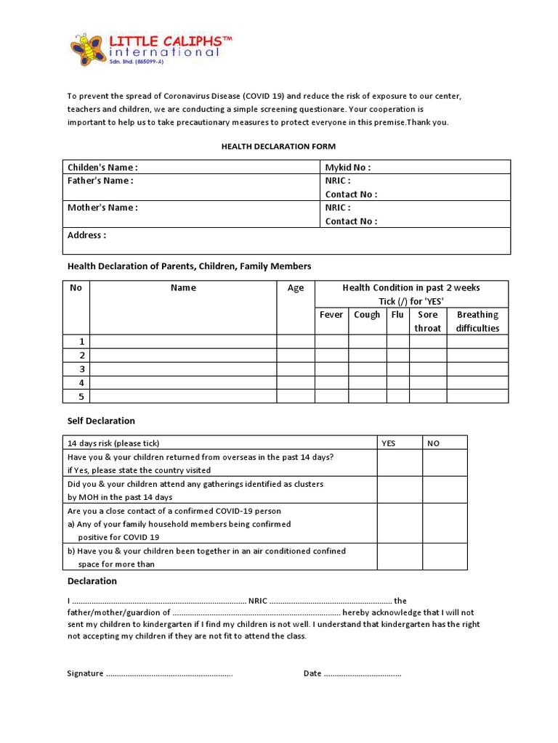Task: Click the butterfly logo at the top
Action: point(87,49)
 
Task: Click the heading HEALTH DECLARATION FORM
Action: point(278,146)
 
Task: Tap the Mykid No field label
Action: point(347,167)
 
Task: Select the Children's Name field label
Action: point(102,167)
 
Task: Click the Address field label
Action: point(86,235)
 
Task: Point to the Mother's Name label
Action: point(102,208)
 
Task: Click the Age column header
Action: point(296,288)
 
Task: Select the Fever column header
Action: point(331,314)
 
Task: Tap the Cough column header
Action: point(367,314)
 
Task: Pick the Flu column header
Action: point(397,314)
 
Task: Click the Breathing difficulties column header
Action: point(477,321)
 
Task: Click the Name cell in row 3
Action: point(183,369)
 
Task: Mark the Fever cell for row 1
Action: point(331,341)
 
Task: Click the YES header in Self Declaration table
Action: point(389,443)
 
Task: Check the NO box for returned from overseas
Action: point(445,463)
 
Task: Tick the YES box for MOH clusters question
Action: point(400,490)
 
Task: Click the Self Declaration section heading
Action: point(101,421)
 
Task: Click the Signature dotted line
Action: point(169,674)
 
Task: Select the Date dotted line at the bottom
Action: point(362,674)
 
